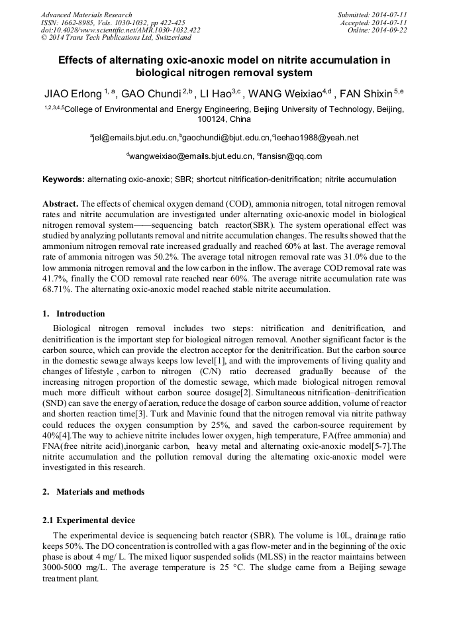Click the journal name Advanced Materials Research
coord(86,15)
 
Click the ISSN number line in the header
coord(113,23)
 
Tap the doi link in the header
coord(121,30)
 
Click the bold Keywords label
coord(64,179)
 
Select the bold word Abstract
coord(60,204)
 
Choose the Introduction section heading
coord(80,314)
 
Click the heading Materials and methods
coord(100,492)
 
